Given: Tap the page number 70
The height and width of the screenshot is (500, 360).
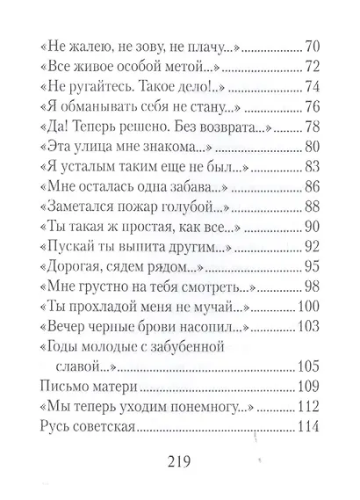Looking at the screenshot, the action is point(313,47).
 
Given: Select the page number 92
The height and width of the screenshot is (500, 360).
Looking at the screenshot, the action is point(313,246).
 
